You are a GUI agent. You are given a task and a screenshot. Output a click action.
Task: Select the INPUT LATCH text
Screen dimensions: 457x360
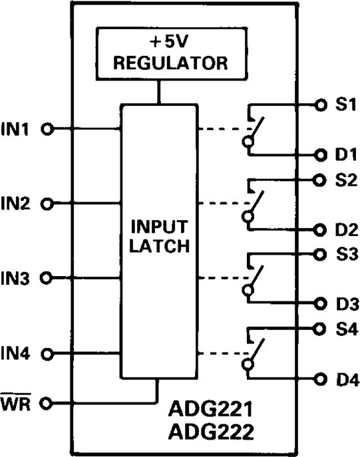click(x=158, y=237)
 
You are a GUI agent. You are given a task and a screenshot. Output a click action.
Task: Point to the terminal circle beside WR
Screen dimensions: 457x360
click(x=47, y=402)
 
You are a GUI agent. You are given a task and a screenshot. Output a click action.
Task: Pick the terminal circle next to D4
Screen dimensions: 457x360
click(x=321, y=380)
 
